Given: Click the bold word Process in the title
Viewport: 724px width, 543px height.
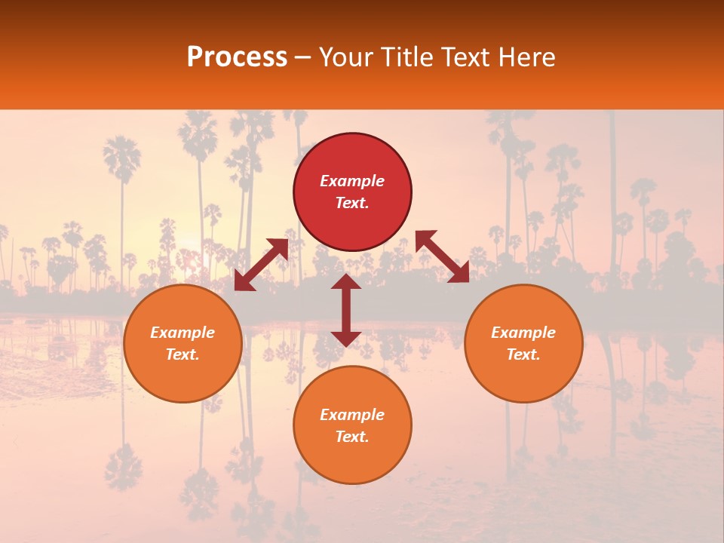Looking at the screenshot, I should click(237, 57).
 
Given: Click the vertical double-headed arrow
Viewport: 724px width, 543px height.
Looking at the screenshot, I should click(346, 310).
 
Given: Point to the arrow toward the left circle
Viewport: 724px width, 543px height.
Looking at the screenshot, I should click(261, 265).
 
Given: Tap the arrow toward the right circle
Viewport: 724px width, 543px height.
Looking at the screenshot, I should click(442, 256).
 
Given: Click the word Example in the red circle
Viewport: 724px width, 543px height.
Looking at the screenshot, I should click(352, 181).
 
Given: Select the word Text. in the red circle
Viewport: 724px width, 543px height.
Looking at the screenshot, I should click(352, 203).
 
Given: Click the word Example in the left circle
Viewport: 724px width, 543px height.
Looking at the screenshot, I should click(183, 333).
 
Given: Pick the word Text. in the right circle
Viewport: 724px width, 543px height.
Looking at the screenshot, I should click(523, 354).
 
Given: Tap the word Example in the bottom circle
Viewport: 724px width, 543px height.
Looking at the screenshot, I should click(352, 415).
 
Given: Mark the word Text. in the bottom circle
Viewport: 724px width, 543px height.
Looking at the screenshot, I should click(352, 437).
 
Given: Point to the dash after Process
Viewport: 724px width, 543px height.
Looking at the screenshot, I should click(302, 58).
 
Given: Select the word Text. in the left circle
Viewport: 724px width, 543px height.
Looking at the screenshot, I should click(183, 354).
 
